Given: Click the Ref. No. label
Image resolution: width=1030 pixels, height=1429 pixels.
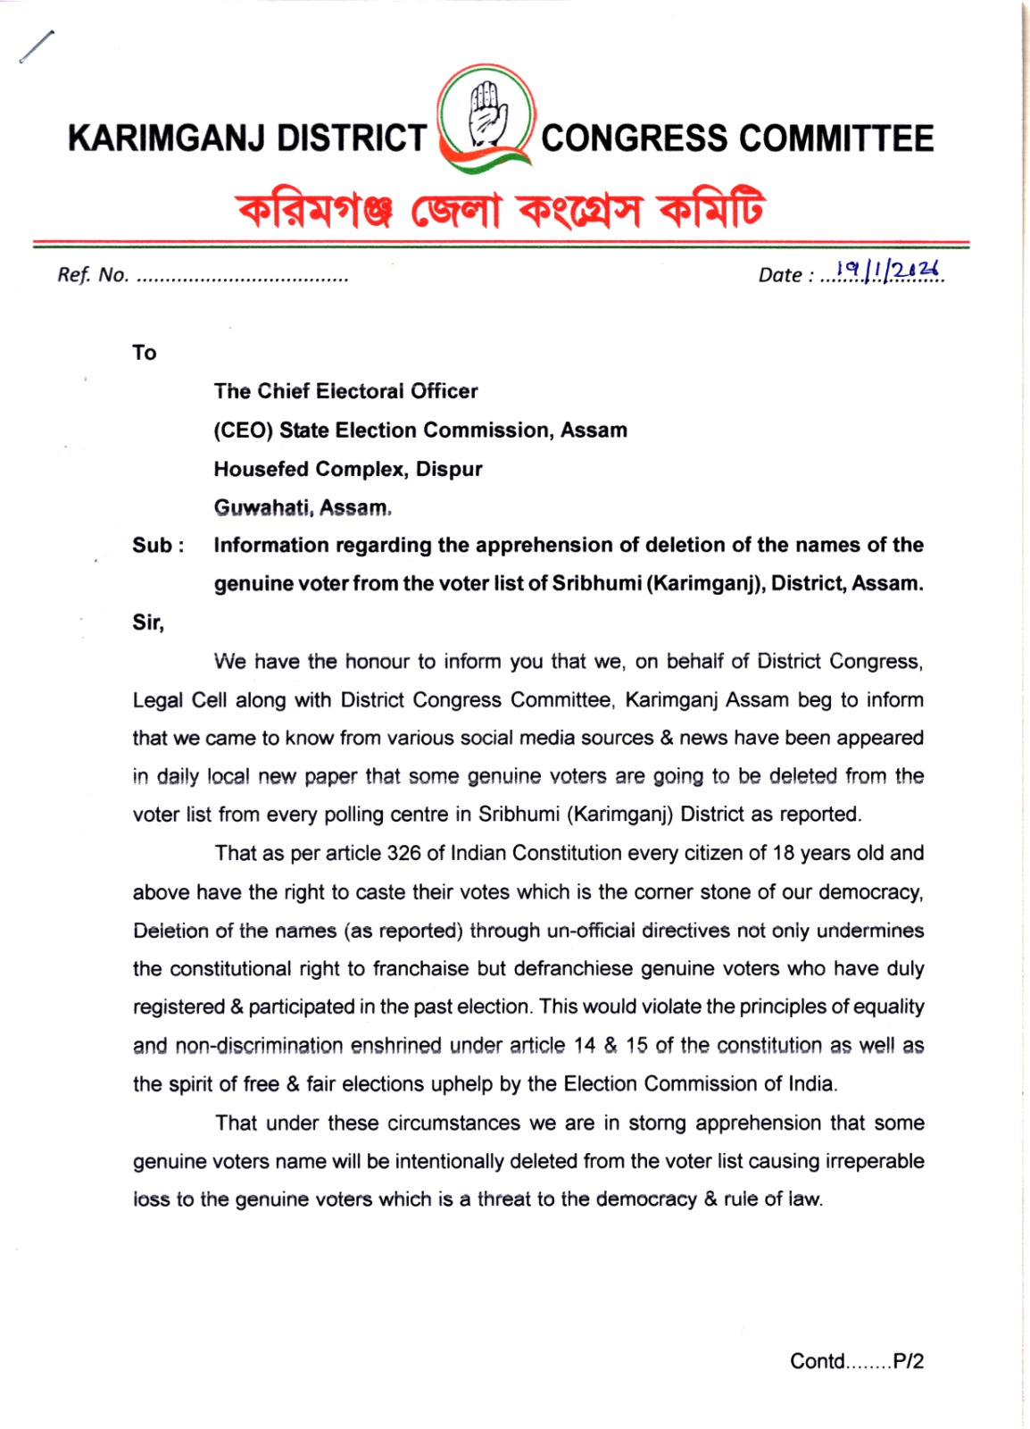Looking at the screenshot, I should (93, 275).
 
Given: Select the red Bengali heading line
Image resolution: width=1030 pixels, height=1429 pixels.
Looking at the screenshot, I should (501, 210).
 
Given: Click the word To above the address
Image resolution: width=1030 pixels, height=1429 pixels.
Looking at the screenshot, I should (144, 353).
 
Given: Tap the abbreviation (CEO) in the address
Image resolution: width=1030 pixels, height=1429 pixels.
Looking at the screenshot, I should (243, 430).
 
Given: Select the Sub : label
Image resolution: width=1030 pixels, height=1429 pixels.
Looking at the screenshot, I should (158, 546).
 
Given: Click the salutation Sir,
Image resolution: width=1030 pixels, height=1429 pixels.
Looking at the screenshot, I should (148, 623).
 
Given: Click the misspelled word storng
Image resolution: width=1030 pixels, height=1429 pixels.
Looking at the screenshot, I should (659, 1123).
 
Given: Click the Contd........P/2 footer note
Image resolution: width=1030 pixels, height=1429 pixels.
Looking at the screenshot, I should (857, 1361).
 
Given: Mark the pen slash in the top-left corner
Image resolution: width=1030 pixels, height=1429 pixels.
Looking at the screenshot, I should (37, 46).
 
